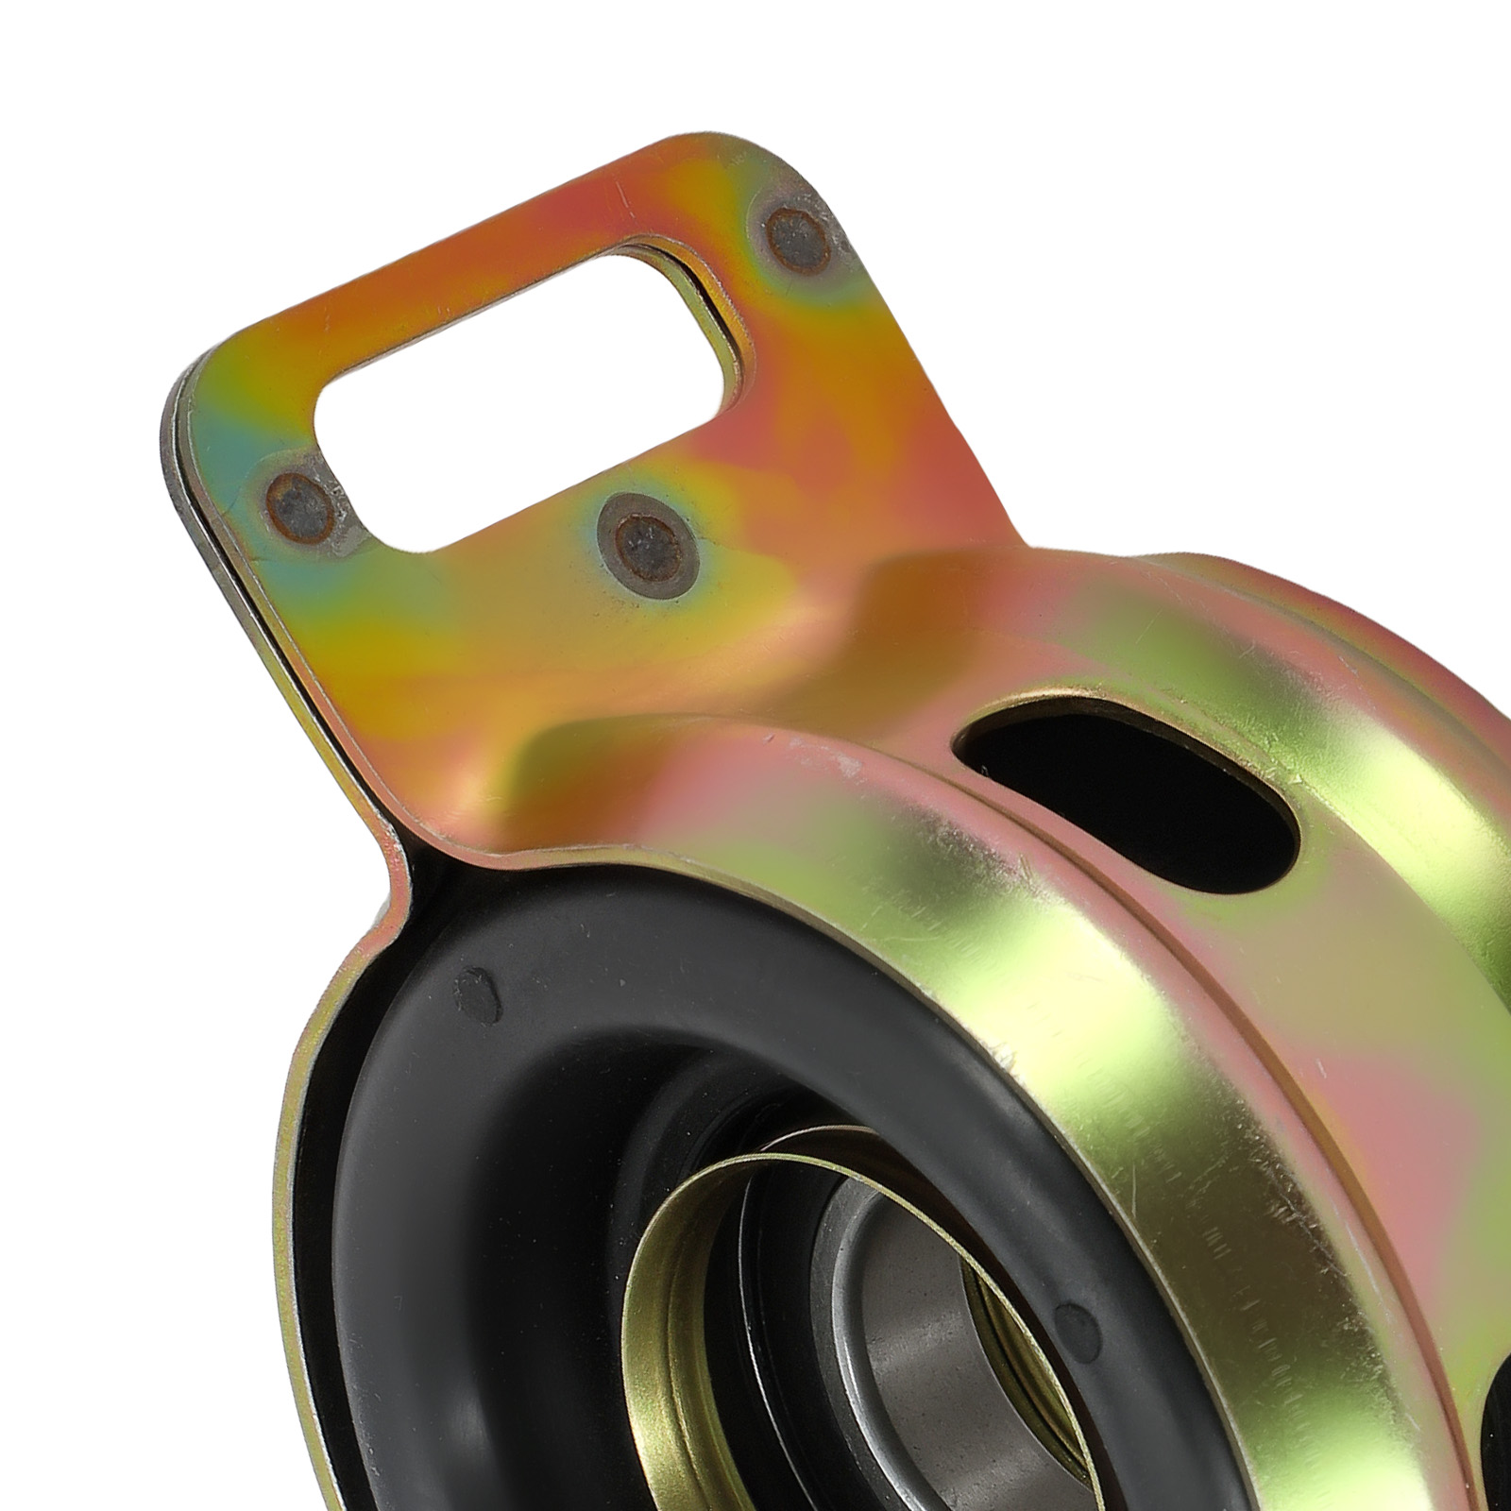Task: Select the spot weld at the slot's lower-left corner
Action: [x=299, y=504]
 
